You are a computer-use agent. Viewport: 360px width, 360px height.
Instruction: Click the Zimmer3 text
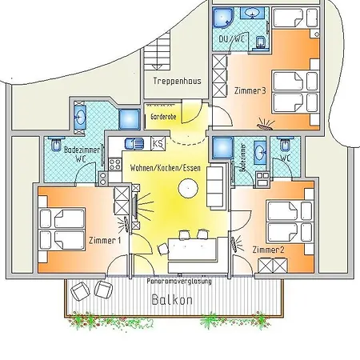coord(250,91)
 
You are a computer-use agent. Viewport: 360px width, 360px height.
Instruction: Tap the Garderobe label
coord(162,117)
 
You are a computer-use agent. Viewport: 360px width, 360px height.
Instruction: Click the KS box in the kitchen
coord(158,143)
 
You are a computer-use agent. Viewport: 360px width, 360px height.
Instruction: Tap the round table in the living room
coord(189,189)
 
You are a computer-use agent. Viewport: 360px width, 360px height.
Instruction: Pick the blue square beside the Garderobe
coord(129,119)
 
